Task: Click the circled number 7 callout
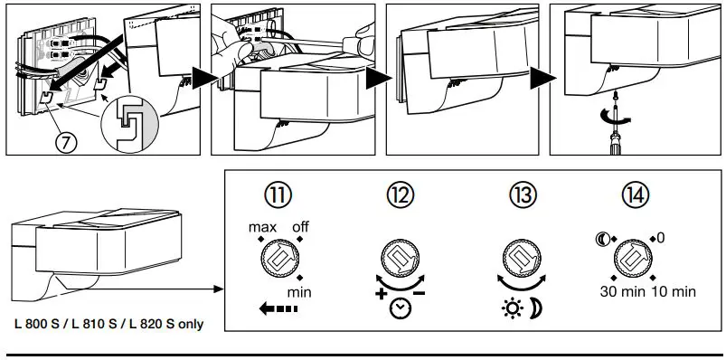[66, 143]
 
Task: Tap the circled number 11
[278, 195]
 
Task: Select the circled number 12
[400, 195]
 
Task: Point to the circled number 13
[523, 195]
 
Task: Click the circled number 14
[636, 195]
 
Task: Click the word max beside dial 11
[262, 228]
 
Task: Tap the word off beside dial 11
[300, 228]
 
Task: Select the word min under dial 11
[299, 293]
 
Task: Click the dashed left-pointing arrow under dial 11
[278, 308]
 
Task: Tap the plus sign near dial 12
[381, 294]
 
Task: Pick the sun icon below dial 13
[513, 309]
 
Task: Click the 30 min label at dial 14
[623, 292]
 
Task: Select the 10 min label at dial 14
[674, 292]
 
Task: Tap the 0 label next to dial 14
[661, 238]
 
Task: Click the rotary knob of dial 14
[633, 259]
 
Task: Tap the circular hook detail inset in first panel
[129, 124]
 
